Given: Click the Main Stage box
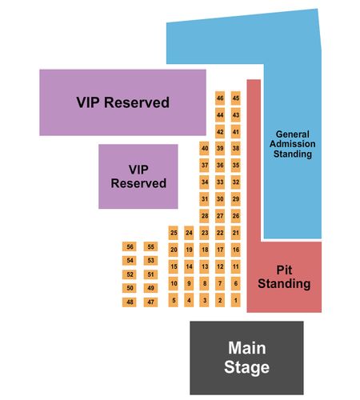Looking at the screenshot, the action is click(x=246, y=358).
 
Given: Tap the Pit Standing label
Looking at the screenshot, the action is click(x=284, y=277).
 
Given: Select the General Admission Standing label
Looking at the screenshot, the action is click(x=293, y=144).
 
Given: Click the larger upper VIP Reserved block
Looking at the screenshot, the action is click(x=122, y=102).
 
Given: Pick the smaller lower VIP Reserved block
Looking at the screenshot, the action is click(x=138, y=176).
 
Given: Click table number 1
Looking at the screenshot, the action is click(x=236, y=300).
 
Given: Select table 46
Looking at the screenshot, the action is click(x=220, y=98).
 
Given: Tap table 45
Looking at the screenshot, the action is click(x=236, y=98).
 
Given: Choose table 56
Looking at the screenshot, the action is click(x=130, y=246).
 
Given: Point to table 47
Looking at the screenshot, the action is click(x=150, y=302).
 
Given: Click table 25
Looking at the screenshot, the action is click(x=174, y=233).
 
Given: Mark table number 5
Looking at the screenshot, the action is click(x=174, y=300).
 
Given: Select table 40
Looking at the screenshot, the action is click(x=205, y=148).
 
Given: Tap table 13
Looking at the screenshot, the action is click(x=205, y=266).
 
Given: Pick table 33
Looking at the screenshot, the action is click(x=220, y=182).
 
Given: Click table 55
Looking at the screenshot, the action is click(x=150, y=246).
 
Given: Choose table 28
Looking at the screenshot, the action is click(x=205, y=216).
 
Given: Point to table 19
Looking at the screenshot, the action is click(x=189, y=250).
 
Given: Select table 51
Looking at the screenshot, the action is click(x=150, y=274).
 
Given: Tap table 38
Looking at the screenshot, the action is click(x=236, y=148).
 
